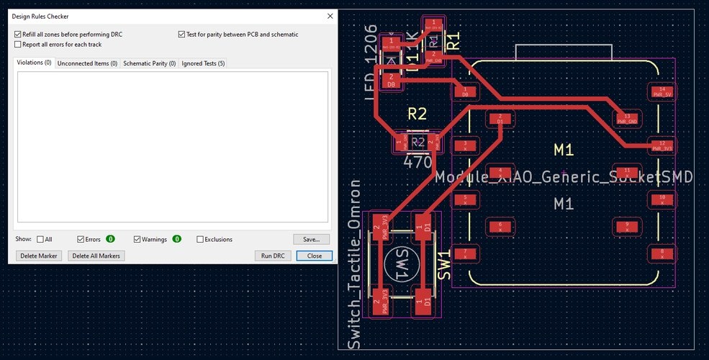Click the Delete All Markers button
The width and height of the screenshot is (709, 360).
96,256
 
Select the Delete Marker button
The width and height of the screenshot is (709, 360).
39,256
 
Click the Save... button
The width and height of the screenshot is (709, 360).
311,239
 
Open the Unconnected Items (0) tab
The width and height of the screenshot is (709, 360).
87,63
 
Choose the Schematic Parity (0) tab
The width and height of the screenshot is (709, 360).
149,63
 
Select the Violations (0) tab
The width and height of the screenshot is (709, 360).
35,63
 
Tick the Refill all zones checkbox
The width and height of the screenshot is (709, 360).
18,34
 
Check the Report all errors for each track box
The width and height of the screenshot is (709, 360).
18,44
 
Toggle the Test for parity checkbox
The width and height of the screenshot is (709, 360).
181,34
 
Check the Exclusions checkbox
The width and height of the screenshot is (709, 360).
200,239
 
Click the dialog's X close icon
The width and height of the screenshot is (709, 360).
330,15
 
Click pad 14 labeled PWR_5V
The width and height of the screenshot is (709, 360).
661,91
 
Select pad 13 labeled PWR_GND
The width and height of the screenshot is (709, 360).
627,119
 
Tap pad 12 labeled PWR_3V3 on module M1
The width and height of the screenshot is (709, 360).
661,145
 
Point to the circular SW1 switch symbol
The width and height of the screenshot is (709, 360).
400,266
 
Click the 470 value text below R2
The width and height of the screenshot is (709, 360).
417,163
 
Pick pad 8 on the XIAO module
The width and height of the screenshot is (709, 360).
661,253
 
